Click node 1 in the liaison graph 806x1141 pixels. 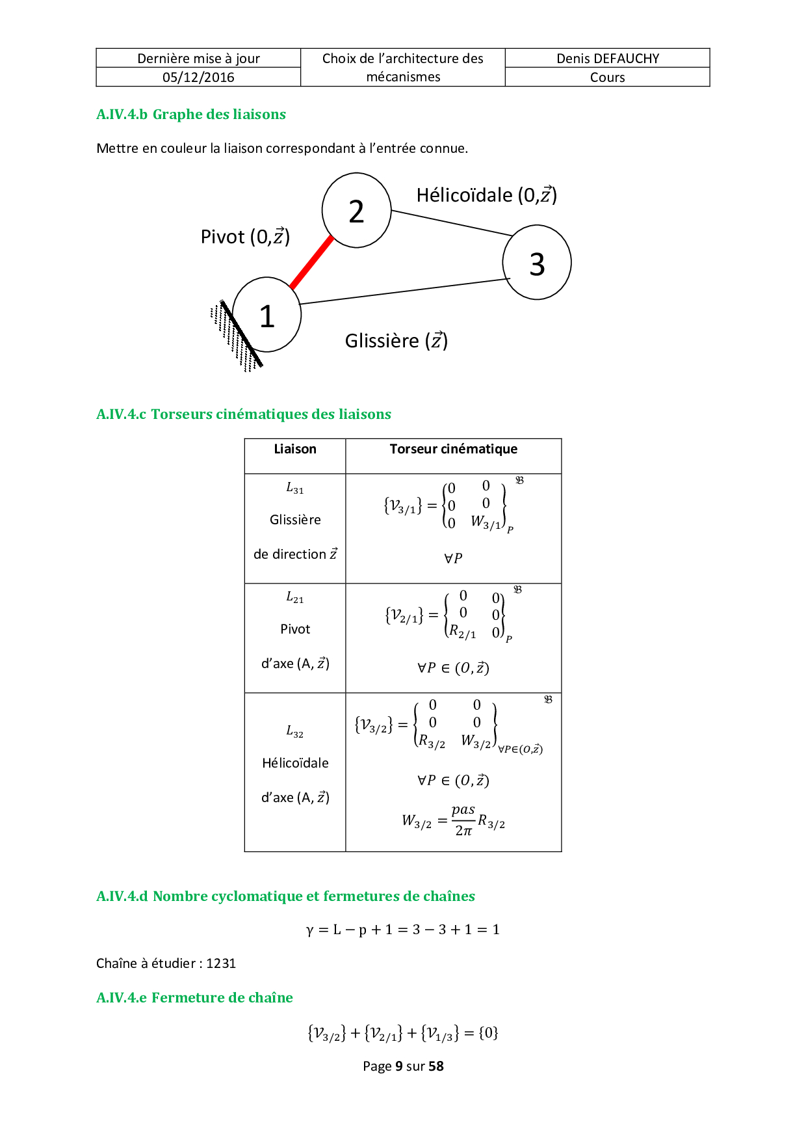266,315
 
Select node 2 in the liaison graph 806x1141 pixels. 356,211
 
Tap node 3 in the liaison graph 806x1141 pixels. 537,263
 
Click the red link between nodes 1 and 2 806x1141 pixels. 311,262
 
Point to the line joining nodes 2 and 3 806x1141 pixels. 452,222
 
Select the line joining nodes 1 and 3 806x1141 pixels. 403,291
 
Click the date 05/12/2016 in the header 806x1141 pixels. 198,77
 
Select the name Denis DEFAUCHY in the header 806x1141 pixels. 608,59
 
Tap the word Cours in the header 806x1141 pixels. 608,77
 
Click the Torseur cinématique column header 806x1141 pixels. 453,449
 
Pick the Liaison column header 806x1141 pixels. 295,449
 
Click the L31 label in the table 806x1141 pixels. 295,488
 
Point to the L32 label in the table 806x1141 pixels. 295,732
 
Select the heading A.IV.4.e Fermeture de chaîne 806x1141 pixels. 194,998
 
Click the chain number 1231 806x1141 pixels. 221,963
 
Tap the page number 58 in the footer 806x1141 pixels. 436,1066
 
